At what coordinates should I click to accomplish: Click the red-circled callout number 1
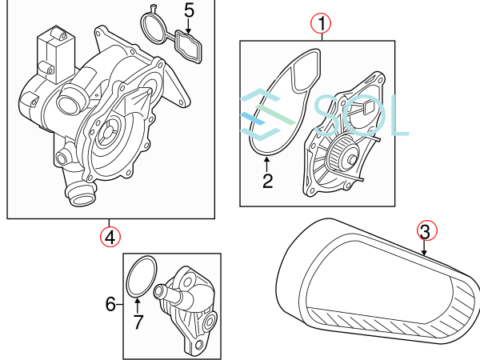(x=321, y=24)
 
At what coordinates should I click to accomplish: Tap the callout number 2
(x=267, y=182)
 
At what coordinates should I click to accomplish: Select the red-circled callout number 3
(x=426, y=231)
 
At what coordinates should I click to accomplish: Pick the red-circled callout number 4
(x=110, y=237)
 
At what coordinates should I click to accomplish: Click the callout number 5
(x=189, y=10)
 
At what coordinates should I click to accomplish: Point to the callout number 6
(x=110, y=304)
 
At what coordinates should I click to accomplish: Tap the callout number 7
(x=138, y=322)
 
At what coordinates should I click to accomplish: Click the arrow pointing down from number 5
(x=188, y=26)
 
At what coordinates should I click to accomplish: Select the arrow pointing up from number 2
(x=267, y=164)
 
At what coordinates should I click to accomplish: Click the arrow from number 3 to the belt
(x=424, y=248)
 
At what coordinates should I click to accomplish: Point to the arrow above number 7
(x=138, y=306)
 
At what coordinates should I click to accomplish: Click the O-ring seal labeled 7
(x=142, y=276)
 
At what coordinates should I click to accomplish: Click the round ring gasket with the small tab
(x=154, y=26)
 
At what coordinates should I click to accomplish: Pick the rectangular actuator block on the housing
(x=56, y=55)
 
